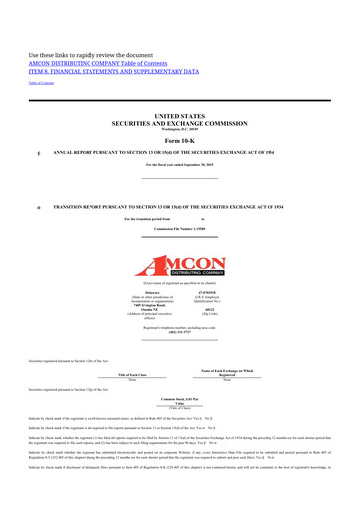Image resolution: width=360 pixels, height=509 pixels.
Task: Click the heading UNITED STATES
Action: click(x=180, y=116)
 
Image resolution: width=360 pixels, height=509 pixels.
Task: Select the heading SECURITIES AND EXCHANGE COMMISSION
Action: click(x=180, y=125)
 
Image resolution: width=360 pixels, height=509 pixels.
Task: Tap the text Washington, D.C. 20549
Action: click(x=180, y=132)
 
